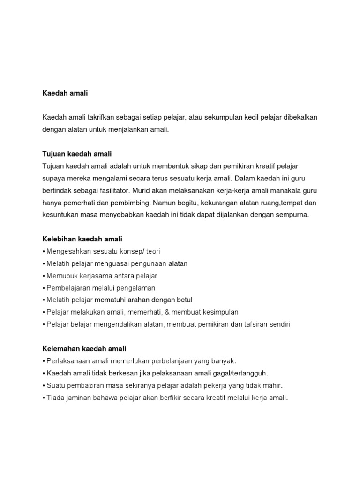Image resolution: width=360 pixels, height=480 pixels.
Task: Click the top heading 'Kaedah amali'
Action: (65, 93)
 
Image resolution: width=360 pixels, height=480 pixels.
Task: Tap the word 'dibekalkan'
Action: (300, 117)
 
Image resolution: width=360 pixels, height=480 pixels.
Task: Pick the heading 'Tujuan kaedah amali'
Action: (77, 154)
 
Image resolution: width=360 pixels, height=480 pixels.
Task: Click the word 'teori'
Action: (150, 251)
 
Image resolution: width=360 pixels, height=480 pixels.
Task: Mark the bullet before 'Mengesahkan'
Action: (44, 252)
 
